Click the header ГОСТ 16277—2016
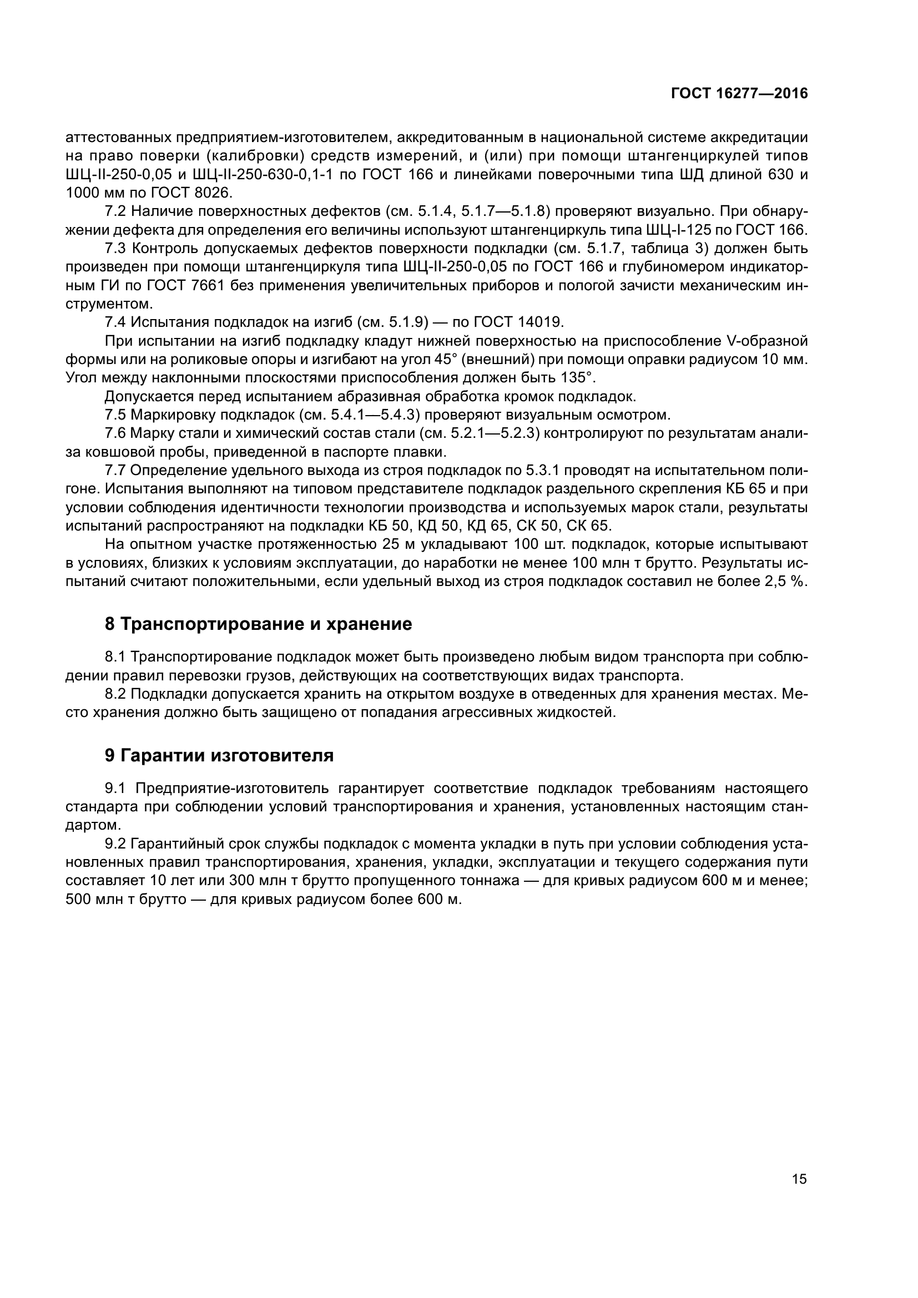click(x=739, y=94)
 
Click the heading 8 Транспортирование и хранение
click(x=258, y=624)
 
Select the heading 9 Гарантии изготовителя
click(x=219, y=755)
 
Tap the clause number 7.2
click(x=115, y=211)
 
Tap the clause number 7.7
click(x=115, y=471)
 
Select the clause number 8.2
click(x=115, y=694)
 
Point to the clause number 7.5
click(x=115, y=415)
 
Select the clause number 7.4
click(x=115, y=322)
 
